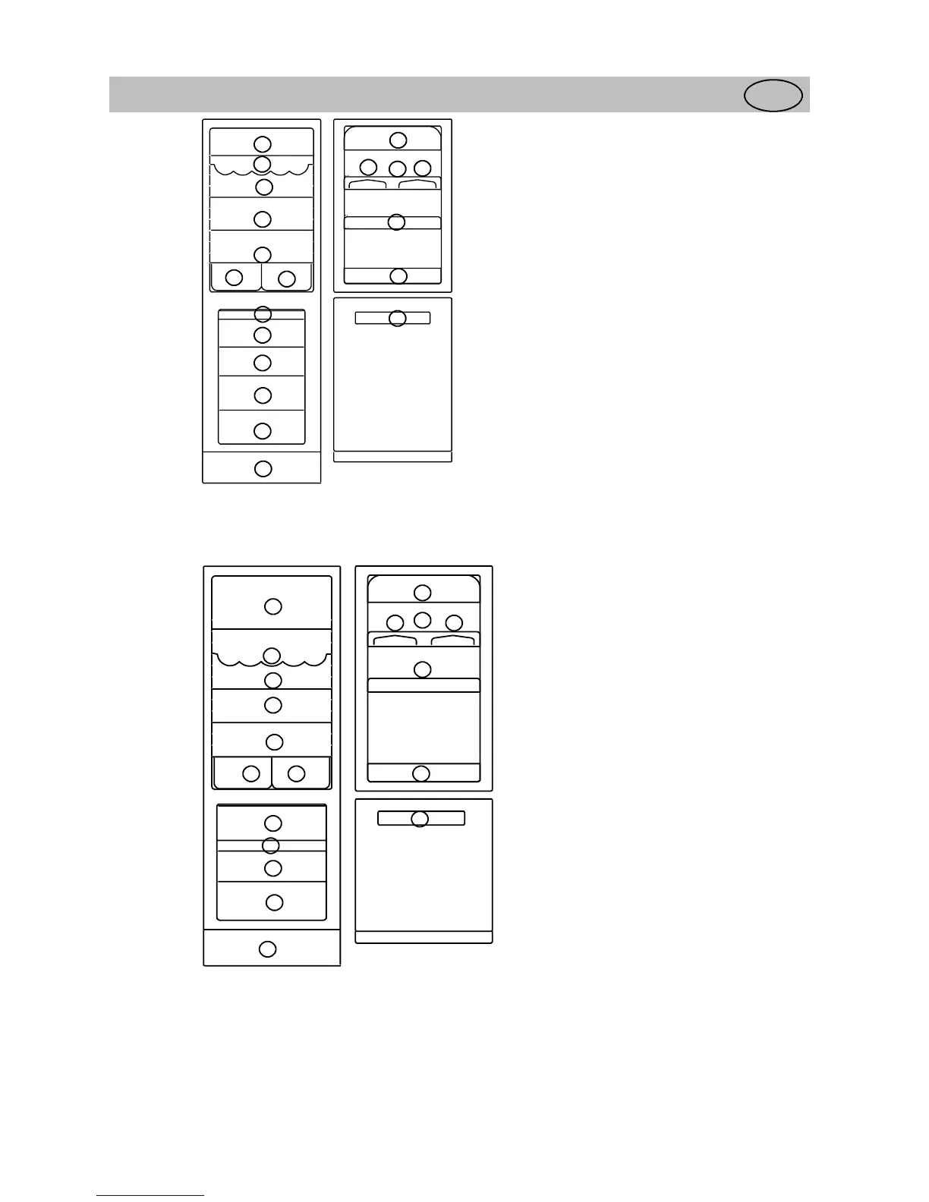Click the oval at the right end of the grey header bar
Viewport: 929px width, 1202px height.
(773, 96)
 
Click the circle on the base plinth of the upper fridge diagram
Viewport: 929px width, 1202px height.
(263, 468)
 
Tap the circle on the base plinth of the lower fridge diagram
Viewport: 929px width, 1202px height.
(267, 949)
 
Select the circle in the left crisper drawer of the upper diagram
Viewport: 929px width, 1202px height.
(235, 278)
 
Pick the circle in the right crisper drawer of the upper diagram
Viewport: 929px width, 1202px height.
(286, 278)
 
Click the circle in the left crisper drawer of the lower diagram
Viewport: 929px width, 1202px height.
(250, 774)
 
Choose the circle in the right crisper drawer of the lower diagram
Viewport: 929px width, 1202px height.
(297, 774)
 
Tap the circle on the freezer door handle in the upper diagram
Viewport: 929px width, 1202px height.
(398, 318)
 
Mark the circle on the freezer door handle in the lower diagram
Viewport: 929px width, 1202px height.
(420, 819)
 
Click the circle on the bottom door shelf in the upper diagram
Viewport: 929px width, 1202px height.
(398, 276)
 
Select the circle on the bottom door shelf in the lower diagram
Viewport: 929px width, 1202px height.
(421, 773)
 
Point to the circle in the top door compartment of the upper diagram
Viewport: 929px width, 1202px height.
(398, 140)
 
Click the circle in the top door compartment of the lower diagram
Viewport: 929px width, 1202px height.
(423, 592)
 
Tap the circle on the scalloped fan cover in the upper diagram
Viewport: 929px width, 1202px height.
(262, 164)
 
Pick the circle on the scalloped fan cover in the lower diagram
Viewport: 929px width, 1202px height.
(272, 656)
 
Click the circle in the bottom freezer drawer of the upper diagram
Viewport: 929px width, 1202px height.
(263, 431)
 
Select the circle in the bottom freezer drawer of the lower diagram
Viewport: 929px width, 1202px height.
(274, 902)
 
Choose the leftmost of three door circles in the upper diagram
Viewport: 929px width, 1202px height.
(368, 167)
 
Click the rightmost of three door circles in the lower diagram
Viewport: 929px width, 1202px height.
(454, 623)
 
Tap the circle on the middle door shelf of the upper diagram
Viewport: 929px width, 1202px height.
(396, 222)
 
